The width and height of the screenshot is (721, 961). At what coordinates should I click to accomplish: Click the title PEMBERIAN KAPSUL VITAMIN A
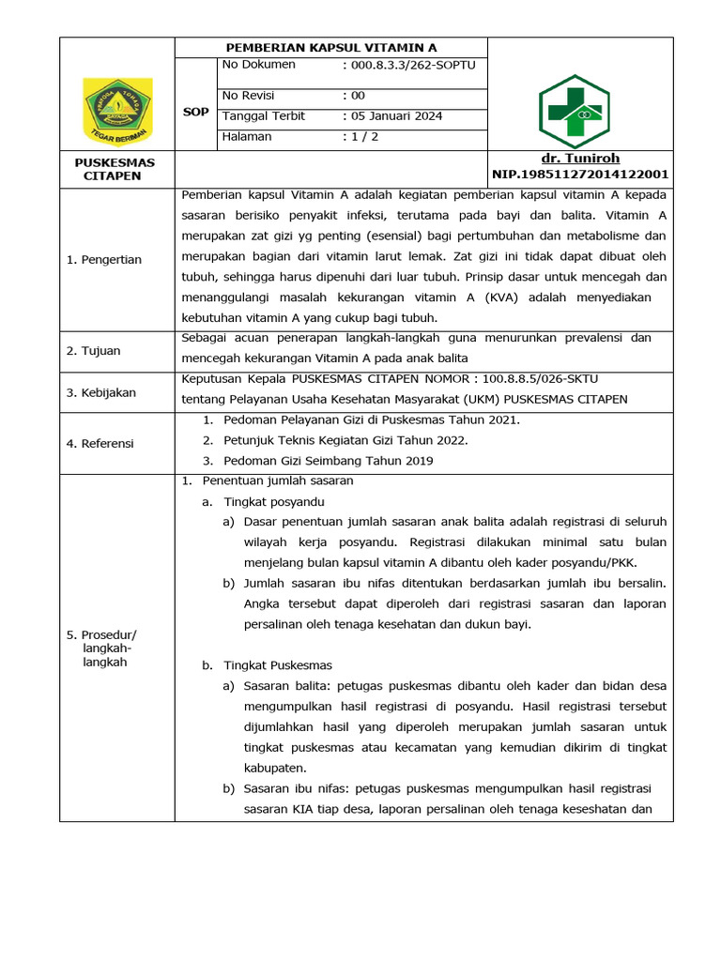(331, 47)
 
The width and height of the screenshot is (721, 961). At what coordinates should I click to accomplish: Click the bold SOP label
(195, 112)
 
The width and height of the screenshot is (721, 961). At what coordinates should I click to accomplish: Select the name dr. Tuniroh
(580, 159)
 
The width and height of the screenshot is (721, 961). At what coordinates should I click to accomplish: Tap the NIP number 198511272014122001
(580, 174)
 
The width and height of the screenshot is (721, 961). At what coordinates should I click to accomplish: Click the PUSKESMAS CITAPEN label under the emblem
(115, 169)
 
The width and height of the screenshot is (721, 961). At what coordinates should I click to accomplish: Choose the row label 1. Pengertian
(103, 259)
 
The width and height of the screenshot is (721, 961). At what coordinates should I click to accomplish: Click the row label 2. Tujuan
(94, 351)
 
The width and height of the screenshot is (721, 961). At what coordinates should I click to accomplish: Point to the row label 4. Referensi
(100, 443)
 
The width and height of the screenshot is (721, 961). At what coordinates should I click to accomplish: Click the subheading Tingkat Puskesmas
(273, 665)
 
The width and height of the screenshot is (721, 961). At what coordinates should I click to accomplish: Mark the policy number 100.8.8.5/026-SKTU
(541, 379)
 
